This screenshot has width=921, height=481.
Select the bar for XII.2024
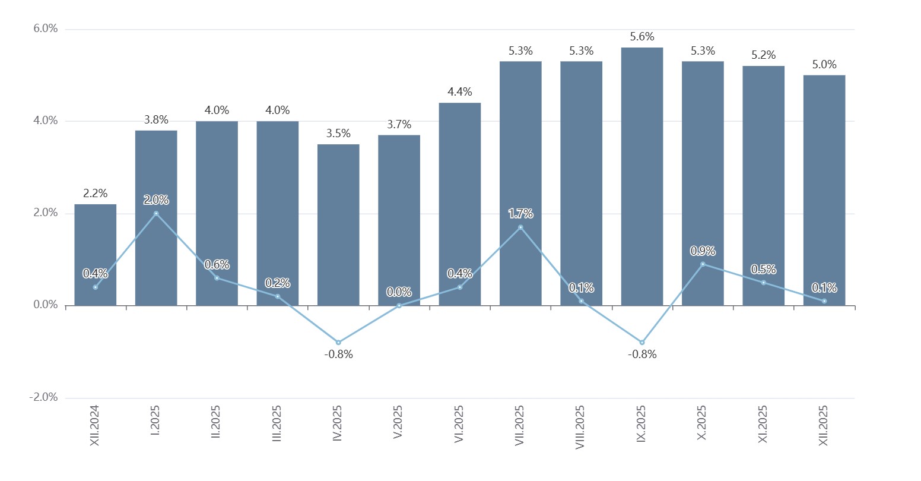pos(95,255)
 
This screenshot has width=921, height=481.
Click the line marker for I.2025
pos(156,213)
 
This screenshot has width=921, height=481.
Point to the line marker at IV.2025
pos(338,343)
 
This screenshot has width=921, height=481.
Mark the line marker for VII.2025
pos(520,227)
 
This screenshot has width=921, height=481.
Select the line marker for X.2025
pos(703,264)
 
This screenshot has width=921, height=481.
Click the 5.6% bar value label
pos(642,37)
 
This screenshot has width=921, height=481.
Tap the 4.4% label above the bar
pos(460,92)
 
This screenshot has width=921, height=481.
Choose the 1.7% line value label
pos(520,214)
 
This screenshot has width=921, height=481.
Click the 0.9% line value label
pos(703,251)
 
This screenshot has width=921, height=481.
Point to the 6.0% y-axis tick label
pos(45,29)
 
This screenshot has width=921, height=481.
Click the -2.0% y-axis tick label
pos(43,398)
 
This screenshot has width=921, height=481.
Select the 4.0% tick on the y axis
pos(45,121)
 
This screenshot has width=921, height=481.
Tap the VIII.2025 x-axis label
pos(580,427)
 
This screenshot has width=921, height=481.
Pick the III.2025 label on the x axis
pos(277,423)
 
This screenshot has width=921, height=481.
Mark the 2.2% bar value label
pos(95,194)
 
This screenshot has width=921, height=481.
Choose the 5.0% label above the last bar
pos(824,65)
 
